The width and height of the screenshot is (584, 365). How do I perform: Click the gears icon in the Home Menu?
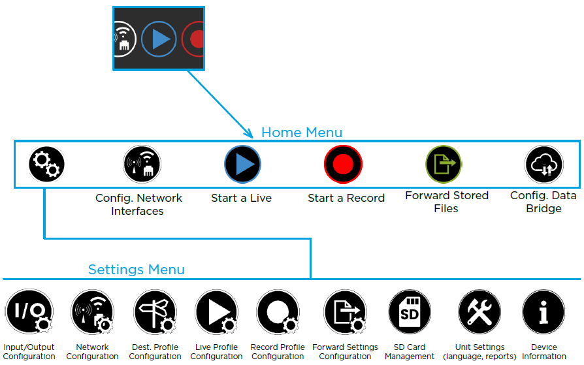click(46, 164)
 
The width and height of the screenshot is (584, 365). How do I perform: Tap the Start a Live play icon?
click(242, 164)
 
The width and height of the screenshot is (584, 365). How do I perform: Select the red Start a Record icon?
click(343, 164)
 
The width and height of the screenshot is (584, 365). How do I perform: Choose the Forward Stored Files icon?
click(444, 164)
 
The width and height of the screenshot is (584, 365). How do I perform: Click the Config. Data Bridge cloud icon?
click(543, 164)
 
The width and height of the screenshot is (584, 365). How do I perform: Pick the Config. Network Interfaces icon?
click(142, 164)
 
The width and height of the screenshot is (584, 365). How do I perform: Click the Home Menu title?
click(301, 133)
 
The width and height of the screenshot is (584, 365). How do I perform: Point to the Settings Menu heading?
click(136, 270)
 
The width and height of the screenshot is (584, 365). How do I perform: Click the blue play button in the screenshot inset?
click(159, 39)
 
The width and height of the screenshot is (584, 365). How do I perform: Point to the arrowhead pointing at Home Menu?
click(249, 133)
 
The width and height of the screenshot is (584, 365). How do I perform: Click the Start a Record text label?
click(346, 198)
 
